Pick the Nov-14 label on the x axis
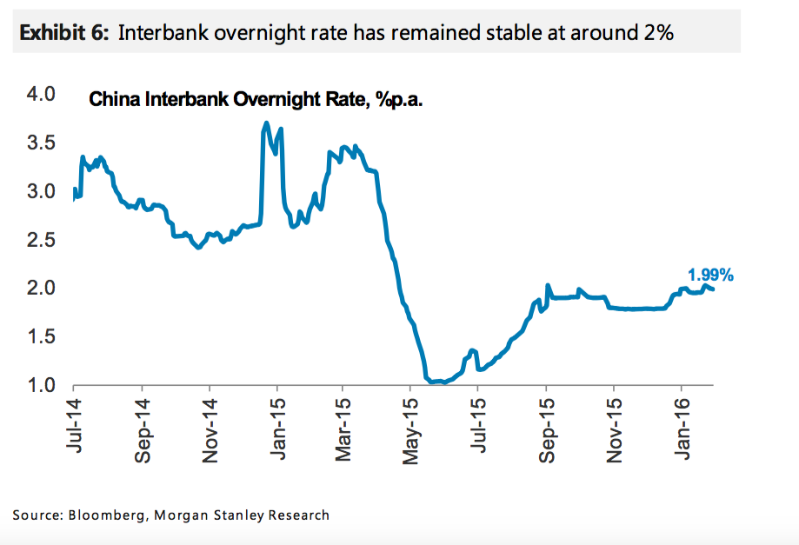pos(209,427)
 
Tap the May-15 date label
pos(411,427)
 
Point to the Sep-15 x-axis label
pos(546,427)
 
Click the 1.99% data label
pos(710,276)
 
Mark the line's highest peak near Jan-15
pos(266,124)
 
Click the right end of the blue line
pos(714,289)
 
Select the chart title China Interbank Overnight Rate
pos(256,101)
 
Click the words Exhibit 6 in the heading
pos(63,33)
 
